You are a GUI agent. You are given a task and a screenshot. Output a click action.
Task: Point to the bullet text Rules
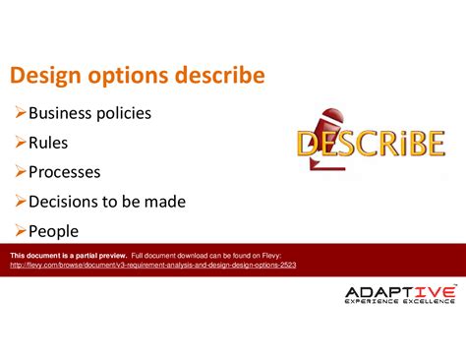tap(49, 143)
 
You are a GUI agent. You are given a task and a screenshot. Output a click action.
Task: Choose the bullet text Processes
tap(64, 172)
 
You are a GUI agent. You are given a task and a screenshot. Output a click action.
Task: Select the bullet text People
tap(53, 232)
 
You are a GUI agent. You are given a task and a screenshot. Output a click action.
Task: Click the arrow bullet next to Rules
tap(20, 143)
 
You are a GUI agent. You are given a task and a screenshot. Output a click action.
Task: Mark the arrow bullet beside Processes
tap(20, 172)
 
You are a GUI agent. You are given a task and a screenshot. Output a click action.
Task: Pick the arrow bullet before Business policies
tap(20, 113)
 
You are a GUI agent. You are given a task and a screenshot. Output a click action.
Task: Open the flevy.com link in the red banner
tap(152, 265)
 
